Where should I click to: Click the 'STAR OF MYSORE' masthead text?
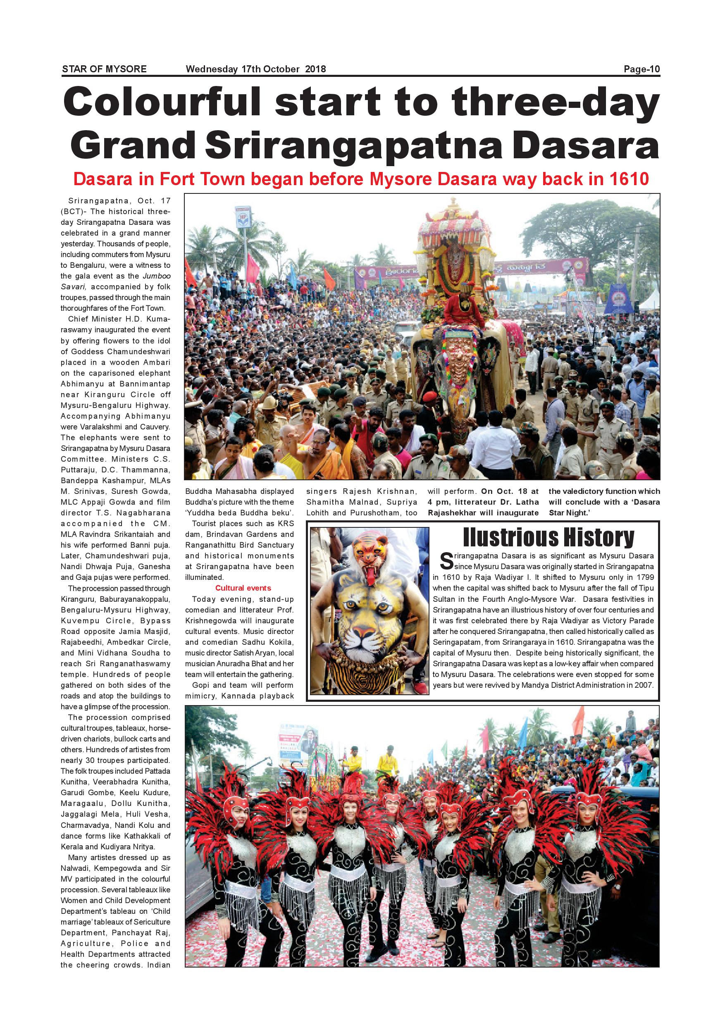point(104,69)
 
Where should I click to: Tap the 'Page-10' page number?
point(642,69)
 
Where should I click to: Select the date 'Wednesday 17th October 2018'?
point(256,69)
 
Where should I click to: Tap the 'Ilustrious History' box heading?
point(549,537)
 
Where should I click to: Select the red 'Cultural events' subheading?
point(243,588)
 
